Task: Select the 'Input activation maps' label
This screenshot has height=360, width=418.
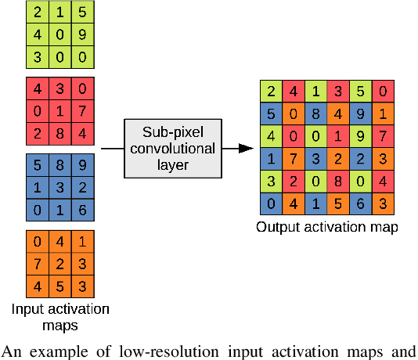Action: point(60,315)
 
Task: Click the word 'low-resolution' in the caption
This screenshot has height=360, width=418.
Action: point(173,350)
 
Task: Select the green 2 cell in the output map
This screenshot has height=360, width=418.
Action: point(270,91)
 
